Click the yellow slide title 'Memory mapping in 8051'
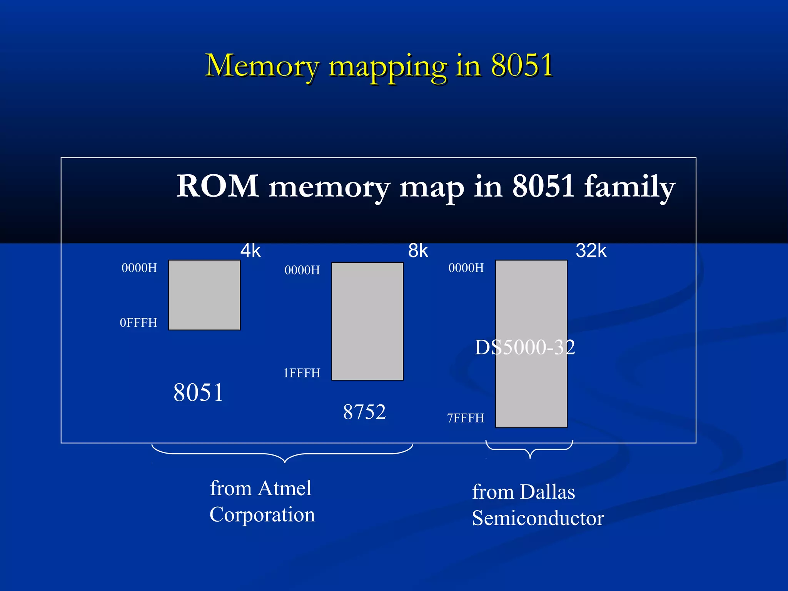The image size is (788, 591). pos(379,65)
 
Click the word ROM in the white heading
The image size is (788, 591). pos(217,186)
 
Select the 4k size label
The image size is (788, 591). pos(250,251)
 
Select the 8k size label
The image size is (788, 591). pos(418,251)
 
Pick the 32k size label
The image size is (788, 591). pos(591,251)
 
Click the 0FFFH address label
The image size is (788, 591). pos(139,322)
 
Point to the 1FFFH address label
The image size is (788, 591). pos(302,373)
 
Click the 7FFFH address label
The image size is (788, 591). pos(466,418)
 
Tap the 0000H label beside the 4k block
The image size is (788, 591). pos(139,268)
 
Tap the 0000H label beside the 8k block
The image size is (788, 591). pos(302,270)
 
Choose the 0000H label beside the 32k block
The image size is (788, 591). pos(466,268)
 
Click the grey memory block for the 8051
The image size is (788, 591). pos(204,295)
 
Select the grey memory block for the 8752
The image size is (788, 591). pos(367,321)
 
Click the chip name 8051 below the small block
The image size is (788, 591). pos(198,392)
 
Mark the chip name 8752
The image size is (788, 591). pos(364,412)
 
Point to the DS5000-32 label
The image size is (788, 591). pos(524,347)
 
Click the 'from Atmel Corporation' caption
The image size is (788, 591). pos(262,501)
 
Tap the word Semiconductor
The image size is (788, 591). pos(538,518)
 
